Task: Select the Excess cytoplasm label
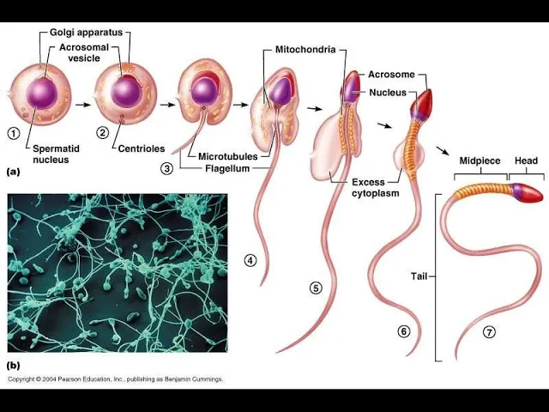pyautogui.click(x=374, y=188)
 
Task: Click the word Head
pyautogui.click(x=526, y=161)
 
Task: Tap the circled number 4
pyautogui.click(x=250, y=260)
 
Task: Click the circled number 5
pyautogui.click(x=316, y=288)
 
